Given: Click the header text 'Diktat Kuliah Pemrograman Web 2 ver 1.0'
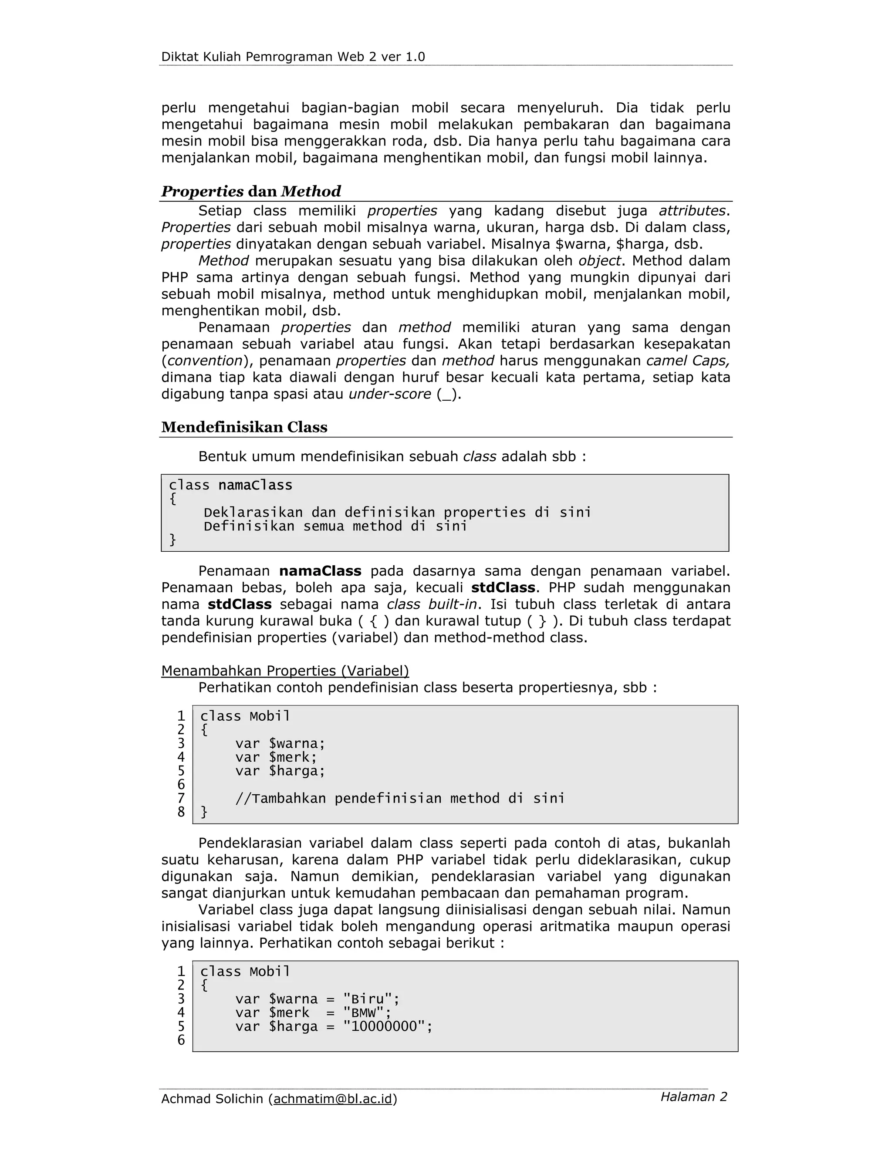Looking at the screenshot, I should click(x=293, y=57).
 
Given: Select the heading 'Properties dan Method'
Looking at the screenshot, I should click(x=251, y=191).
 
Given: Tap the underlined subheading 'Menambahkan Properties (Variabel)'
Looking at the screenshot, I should click(x=285, y=671).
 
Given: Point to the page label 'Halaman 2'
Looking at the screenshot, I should click(x=693, y=1097).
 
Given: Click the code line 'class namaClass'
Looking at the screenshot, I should click(x=230, y=485).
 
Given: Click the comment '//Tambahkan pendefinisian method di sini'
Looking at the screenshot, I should click(x=399, y=798).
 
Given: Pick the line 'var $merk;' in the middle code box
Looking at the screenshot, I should click(x=276, y=757).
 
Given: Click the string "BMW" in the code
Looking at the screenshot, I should click(x=363, y=1012).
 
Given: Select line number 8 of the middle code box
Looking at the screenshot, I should click(x=181, y=812).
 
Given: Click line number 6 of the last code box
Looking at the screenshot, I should click(x=181, y=1040).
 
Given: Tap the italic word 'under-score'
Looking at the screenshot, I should click(x=389, y=394).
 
